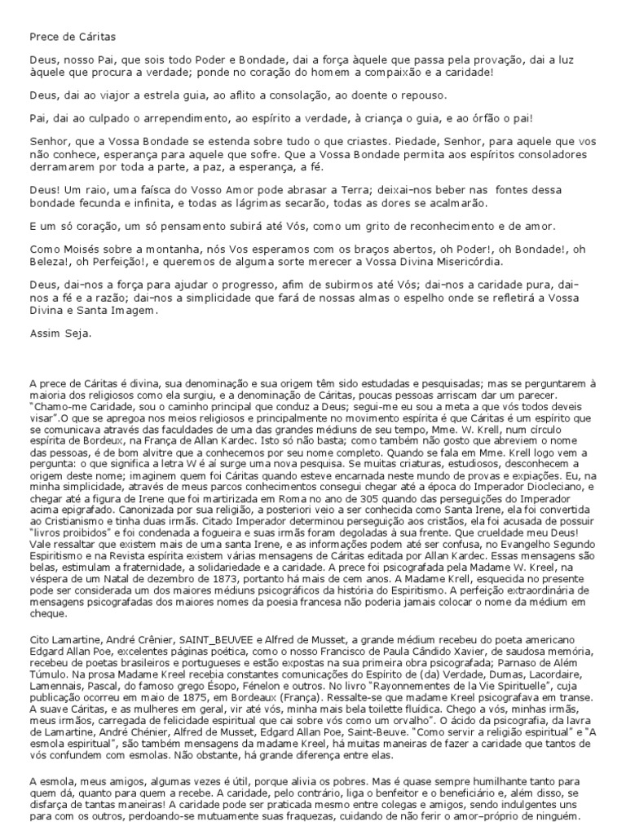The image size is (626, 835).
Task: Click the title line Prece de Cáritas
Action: point(73,37)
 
